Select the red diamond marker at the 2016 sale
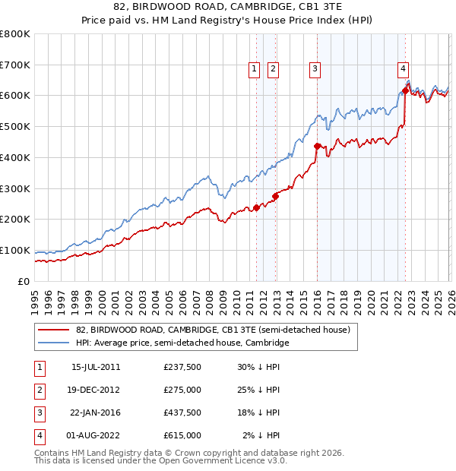(x=316, y=145)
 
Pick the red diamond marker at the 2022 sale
(x=404, y=90)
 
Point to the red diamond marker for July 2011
(x=256, y=207)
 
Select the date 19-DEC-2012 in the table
(x=96, y=389)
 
